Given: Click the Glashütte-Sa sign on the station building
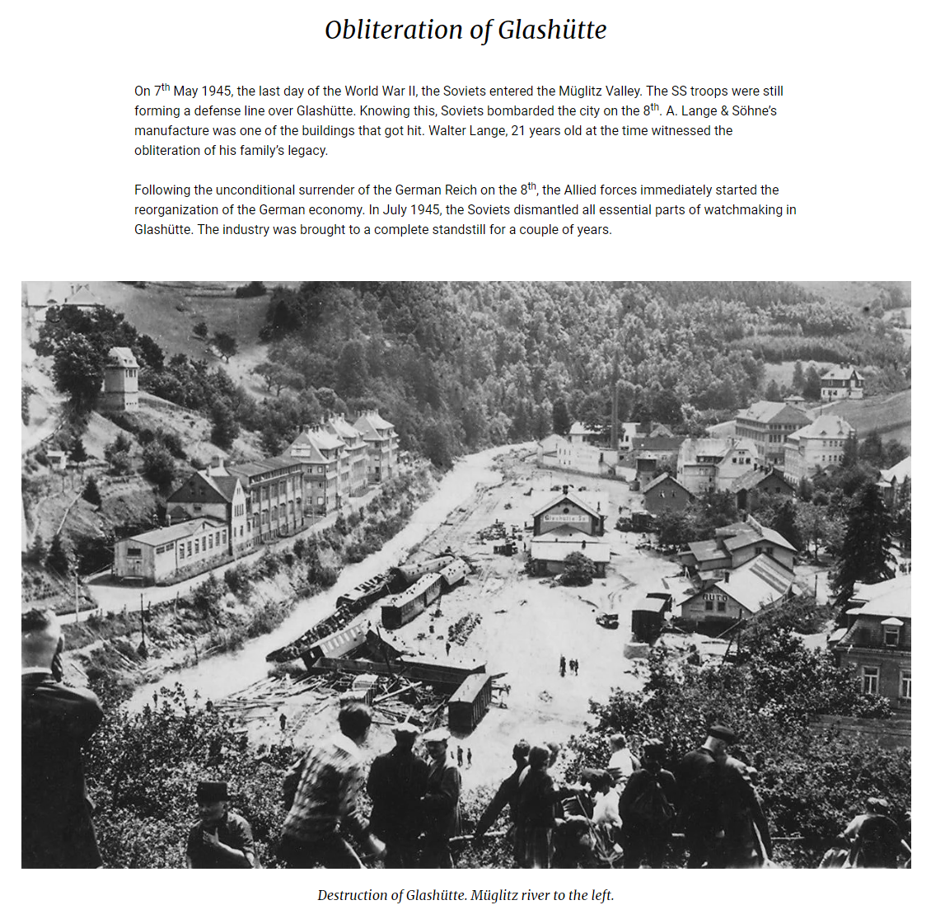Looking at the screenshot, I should (568, 518).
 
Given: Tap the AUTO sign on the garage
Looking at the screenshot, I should (714, 596).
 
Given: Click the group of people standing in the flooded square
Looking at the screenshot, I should (568, 664).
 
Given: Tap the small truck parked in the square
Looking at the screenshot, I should (607, 620).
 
